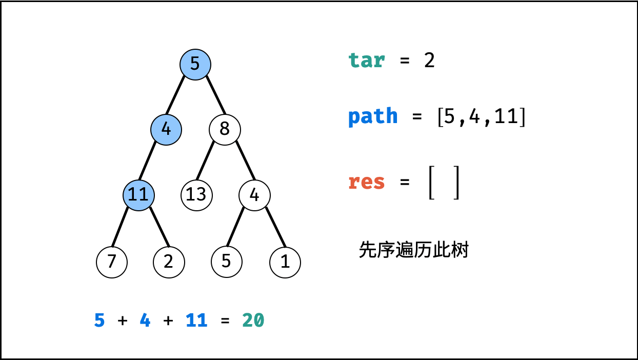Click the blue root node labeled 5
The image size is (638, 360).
pos(195,64)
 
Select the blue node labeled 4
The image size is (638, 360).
pos(166,129)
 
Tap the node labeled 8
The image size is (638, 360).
pos(225,129)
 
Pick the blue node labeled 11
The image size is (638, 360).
pos(138,194)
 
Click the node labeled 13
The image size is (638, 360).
pos(196,194)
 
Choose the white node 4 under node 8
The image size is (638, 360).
pos(254,194)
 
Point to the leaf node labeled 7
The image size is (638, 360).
pos(111,262)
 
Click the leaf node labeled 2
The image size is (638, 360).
pos(169,262)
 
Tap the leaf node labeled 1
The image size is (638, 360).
pos(285,262)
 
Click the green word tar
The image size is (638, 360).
pos(366,61)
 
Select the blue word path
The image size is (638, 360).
pos(373,116)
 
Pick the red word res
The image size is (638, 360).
pos(366,182)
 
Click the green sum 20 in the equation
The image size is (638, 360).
pos(253,321)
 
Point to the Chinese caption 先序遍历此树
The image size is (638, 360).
pos(413,250)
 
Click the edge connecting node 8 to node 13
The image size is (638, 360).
pos(206,161)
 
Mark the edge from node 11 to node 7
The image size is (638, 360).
pos(119,227)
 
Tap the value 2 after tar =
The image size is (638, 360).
pos(429,61)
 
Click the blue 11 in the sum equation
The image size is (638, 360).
pos(196,321)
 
